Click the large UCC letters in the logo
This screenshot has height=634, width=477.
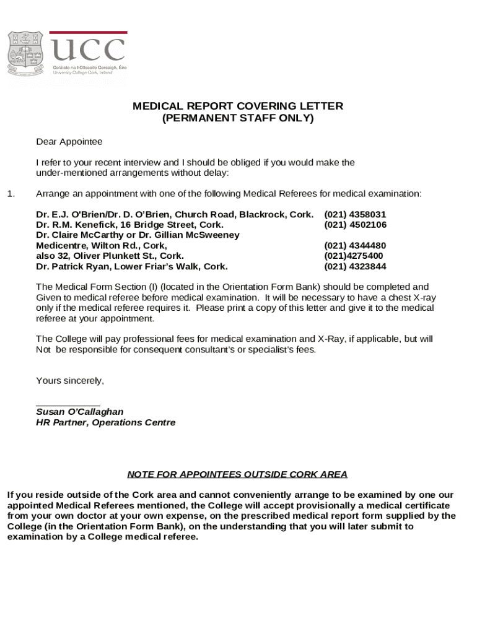[87, 51]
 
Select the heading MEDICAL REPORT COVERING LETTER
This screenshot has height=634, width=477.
[238, 106]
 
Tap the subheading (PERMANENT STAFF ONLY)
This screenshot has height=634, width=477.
[238, 118]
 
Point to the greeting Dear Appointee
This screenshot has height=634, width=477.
[69, 142]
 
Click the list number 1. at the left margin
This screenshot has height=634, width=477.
[11, 194]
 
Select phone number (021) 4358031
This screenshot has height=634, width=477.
[355, 214]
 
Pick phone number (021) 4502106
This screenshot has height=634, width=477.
[355, 225]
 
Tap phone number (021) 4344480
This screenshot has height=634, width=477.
[355, 246]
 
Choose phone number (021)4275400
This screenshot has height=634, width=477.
[353, 256]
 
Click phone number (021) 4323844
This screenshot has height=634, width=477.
[355, 267]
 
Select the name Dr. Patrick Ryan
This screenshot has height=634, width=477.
[74, 267]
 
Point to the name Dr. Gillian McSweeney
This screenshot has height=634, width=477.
[191, 235]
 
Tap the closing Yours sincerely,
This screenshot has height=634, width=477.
[70, 381]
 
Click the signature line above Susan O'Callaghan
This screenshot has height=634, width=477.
[68, 404]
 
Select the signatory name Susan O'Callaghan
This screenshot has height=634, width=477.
[80, 412]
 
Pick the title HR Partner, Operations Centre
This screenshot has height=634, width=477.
[106, 423]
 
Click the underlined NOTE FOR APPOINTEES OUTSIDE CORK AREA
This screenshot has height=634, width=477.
[237, 475]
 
